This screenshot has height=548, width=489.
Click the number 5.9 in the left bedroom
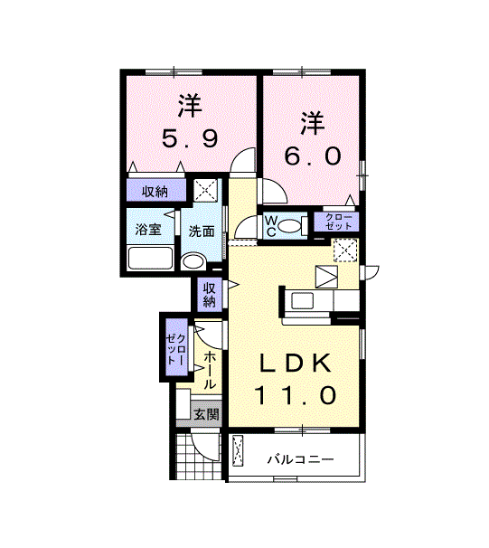190,139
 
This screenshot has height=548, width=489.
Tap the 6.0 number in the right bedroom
313,156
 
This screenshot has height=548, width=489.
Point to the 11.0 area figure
296,395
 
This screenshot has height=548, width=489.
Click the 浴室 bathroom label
148,230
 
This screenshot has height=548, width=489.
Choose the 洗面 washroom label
202,231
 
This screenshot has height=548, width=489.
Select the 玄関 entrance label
207,415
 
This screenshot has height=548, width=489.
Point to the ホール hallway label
210,371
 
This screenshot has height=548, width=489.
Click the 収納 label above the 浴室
155,192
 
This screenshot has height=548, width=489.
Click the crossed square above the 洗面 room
206,191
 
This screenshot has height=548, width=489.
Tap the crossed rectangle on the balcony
239,450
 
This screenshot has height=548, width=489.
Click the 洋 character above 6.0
313,120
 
